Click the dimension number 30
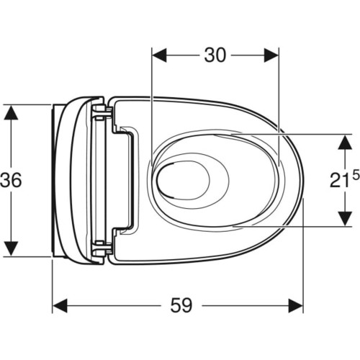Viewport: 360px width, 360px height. [215, 55]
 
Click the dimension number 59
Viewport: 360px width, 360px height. [181, 305]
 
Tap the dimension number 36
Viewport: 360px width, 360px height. [11, 180]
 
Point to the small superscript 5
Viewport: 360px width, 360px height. [356, 174]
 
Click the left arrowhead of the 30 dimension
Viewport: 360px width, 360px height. [159, 55]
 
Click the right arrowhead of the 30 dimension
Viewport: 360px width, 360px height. [271, 55]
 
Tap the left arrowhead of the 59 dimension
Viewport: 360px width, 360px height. [60, 306]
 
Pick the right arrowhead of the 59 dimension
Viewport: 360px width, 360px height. [296, 306]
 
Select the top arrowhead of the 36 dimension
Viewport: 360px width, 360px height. [11, 112]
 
